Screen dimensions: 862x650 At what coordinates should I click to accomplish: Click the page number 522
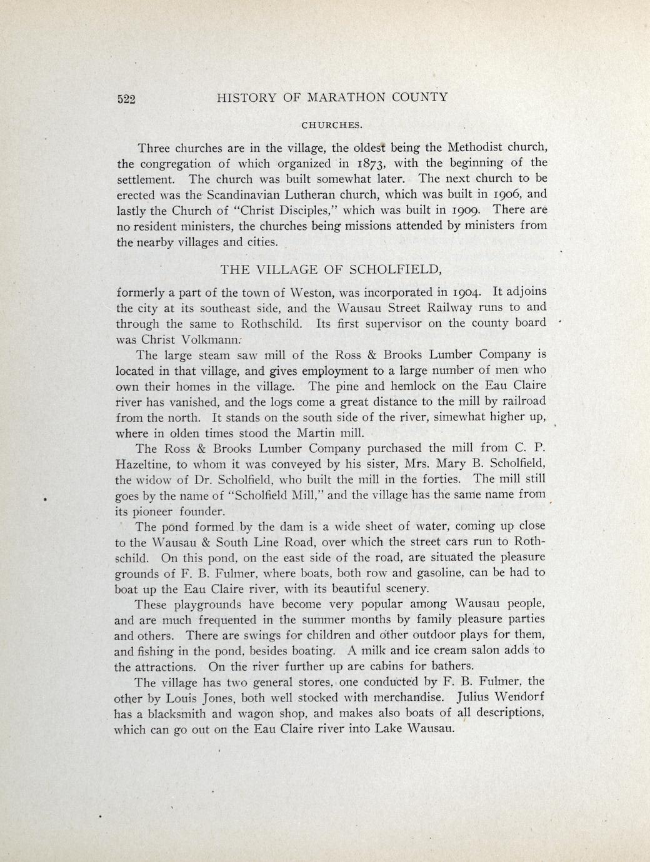pyautogui.click(x=127, y=99)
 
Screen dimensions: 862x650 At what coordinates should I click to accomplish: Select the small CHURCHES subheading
pyautogui.click(x=332, y=125)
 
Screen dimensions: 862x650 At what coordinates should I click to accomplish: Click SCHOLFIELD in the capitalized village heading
pyautogui.click(x=395, y=270)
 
